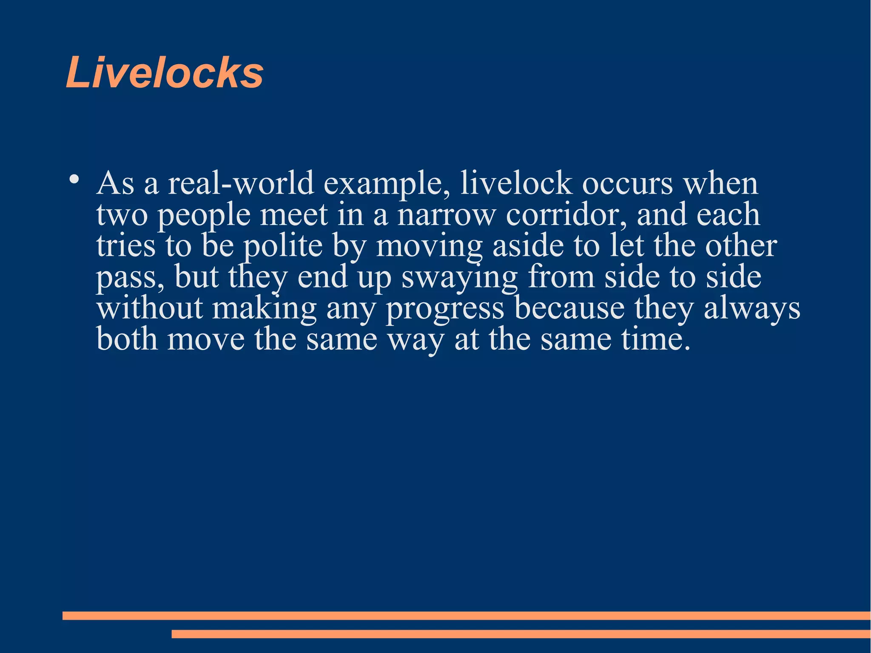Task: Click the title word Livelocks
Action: coord(165,73)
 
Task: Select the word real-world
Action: coord(241,183)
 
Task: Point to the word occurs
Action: coord(627,183)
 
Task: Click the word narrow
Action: coord(446,214)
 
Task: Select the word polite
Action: coord(283,247)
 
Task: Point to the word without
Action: coord(149,308)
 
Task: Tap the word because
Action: coord(569,308)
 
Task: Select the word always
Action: coord(752,309)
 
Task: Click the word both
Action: coord(127,339)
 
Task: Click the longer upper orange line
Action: coord(466,616)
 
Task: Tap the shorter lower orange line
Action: coord(521,634)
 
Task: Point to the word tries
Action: coord(126,246)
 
